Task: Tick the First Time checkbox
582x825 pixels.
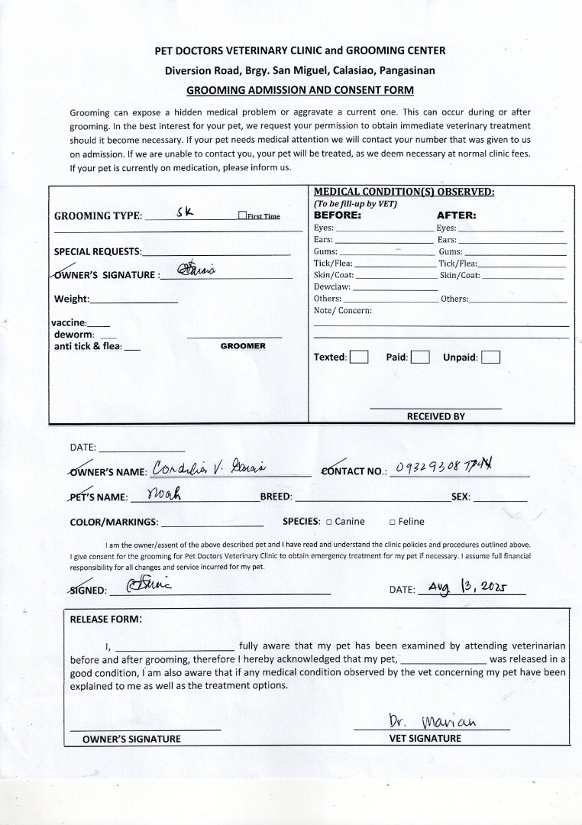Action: pyautogui.click(x=242, y=216)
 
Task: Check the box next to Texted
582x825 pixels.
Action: pyautogui.click(x=359, y=357)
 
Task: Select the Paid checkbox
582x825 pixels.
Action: pyautogui.click(x=420, y=357)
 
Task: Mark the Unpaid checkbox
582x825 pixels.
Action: pyautogui.click(x=491, y=357)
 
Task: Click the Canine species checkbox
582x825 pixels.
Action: pyautogui.click(x=328, y=522)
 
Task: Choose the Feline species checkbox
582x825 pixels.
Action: pyautogui.click(x=392, y=522)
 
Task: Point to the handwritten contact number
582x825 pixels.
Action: pyautogui.click(x=444, y=467)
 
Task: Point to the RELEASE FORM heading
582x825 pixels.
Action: pyautogui.click(x=105, y=620)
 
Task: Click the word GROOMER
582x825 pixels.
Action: pyautogui.click(x=243, y=346)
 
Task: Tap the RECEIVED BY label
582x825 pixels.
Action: pyautogui.click(x=435, y=416)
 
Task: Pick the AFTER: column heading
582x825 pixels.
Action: pyautogui.click(x=456, y=215)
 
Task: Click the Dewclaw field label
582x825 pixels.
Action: pyautogui.click(x=332, y=286)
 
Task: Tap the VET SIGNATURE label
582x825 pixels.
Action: pyautogui.click(x=425, y=739)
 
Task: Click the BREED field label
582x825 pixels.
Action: pyautogui.click(x=276, y=497)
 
